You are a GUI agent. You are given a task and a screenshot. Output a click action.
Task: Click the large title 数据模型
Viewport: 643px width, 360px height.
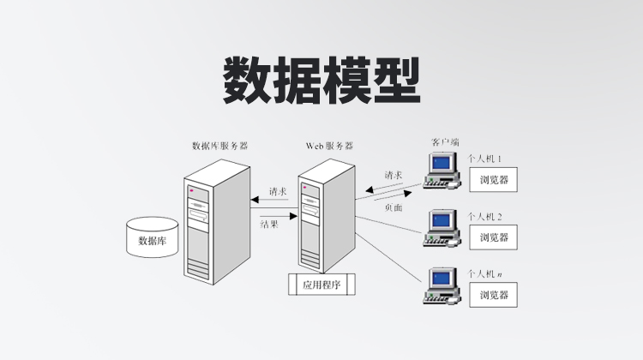[x=322, y=81]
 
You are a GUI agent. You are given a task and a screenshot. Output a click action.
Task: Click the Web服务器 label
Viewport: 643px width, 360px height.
[x=328, y=147]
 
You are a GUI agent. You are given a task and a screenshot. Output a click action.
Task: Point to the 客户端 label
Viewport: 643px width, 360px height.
[x=444, y=141]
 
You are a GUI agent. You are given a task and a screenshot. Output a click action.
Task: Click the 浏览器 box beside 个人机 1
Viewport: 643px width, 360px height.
[x=494, y=180]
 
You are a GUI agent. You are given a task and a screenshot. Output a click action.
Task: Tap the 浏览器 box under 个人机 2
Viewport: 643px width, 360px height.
[x=494, y=237]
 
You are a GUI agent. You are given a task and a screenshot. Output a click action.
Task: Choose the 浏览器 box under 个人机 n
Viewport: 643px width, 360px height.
[x=494, y=296]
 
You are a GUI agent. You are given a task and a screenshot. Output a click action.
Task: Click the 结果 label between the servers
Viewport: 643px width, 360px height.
[x=270, y=224]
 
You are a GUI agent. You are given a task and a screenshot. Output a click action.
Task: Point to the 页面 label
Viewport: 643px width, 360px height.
[x=394, y=207]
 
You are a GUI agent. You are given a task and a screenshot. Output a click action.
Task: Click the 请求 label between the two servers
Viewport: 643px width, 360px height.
[x=277, y=191]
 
